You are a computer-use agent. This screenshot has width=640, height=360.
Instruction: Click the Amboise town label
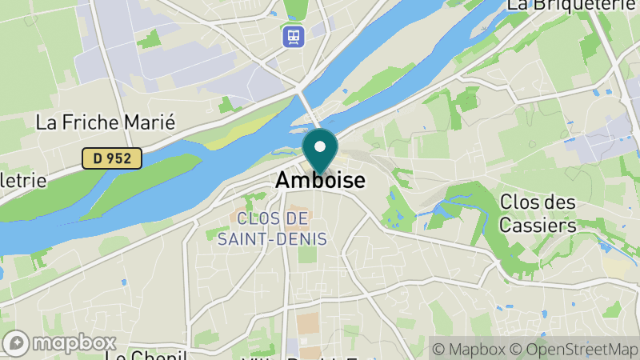point(320,181)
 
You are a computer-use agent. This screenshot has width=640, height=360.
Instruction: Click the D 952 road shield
point(112,158)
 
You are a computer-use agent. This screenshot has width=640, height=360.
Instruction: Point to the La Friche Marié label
point(106,122)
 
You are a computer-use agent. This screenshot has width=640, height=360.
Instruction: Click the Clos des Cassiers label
point(538,214)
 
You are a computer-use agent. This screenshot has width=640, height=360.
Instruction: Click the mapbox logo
point(59,343)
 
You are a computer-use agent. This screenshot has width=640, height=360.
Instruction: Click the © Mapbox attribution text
point(469,350)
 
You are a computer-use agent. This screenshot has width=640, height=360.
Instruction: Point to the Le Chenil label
point(146,355)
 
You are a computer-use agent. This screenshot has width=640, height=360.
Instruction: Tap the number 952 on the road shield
point(118,158)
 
